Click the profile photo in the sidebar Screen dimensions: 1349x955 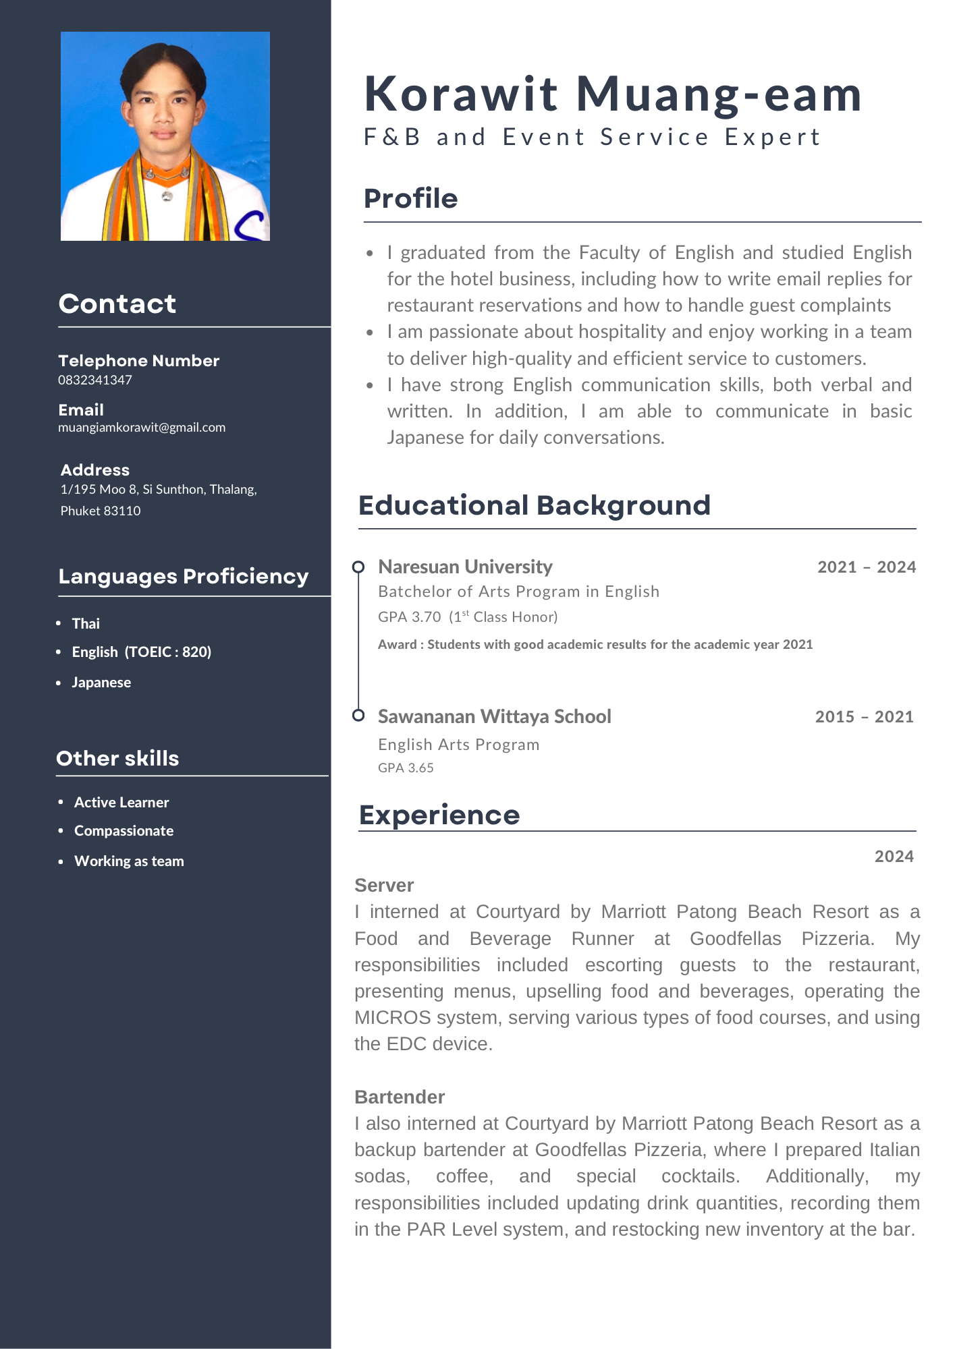pos(165,136)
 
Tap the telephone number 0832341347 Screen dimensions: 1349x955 pos(95,380)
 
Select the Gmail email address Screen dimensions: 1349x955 pos(142,428)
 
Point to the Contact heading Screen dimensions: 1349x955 pos(117,304)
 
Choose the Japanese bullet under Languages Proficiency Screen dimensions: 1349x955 pos(101,683)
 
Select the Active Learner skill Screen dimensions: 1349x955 pos(121,803)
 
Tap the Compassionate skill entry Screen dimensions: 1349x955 pos(124,831)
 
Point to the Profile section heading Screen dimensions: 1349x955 pos(410,199)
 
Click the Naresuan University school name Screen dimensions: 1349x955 pos(465,567)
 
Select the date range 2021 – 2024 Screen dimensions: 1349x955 pos(867,567)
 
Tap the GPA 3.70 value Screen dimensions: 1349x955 pos(410,617)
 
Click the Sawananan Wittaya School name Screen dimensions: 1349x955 pos(494,716)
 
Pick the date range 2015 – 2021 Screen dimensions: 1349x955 pos(864,717)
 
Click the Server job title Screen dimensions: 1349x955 pos(384,886)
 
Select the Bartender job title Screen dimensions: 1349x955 pos(400,1097)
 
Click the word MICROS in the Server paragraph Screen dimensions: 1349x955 pos(393,1018)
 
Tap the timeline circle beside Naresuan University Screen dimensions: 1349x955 pos(358,567)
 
